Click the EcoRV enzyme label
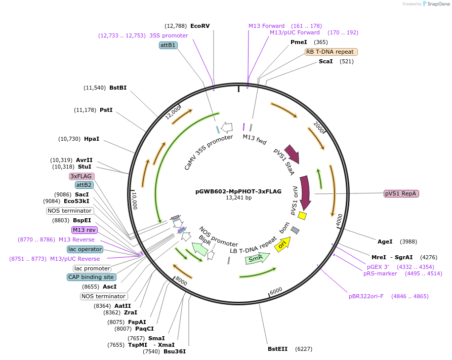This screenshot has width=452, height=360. [x=200, y=26]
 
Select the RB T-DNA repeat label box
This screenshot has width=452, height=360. [x=331, y=52]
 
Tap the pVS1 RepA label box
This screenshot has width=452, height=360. [x=401, y=193]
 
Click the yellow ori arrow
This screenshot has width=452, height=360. [x=283, y=244]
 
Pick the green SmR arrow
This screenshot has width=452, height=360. [x=257, y=258]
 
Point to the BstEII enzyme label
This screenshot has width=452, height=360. [x=277, y=349]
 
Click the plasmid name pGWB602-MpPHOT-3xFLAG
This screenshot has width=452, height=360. [x=238, y=191]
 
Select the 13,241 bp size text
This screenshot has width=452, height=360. [x=238, y=198]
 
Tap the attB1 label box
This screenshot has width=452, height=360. [x=168, y=45]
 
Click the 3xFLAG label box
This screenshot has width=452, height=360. [x=81, y=176]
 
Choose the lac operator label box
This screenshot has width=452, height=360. [x=85, y=249]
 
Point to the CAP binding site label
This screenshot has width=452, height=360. [x=92, y=277]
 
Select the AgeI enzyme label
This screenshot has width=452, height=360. [x=385, y=242]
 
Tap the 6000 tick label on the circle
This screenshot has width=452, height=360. [x=276, y=291]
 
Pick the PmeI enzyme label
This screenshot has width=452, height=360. [x=299, y=42]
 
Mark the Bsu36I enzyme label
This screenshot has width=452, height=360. [x=175, y=351]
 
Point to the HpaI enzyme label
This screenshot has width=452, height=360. [x=92, y=139]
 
